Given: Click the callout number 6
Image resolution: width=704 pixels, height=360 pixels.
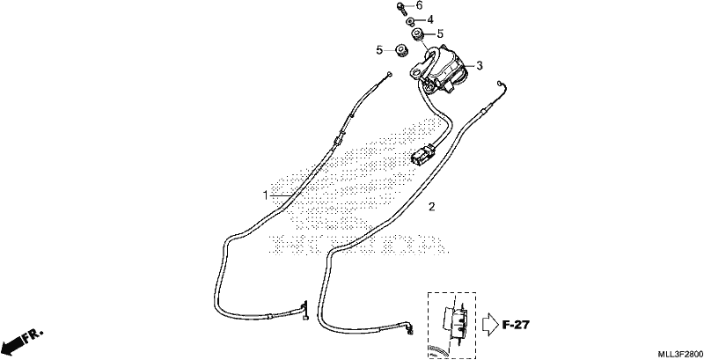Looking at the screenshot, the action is [x=420, y=5].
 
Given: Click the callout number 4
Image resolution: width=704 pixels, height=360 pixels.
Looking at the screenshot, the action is [x=430, y=19].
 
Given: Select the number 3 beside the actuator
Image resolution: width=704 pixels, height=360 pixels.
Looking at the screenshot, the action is [x=480, y=65].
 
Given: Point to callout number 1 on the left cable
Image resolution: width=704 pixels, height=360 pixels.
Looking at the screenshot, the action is [x=266, y=195].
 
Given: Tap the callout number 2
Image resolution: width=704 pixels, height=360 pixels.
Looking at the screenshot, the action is [x=431, y=207].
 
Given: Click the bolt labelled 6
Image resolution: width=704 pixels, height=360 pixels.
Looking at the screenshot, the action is [x=401, y=8].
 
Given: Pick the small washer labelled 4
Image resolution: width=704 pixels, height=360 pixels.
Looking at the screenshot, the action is [x=410, y=21].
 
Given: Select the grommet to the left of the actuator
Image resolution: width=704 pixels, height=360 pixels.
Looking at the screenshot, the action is [x=400, y=50].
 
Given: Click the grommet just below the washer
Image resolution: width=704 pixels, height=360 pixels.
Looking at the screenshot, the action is [x=417, y=33].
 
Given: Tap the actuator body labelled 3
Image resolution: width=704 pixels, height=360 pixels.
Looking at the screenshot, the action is [x=443, y=70].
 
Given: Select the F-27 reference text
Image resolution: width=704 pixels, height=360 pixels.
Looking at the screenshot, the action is [x=516, y=325].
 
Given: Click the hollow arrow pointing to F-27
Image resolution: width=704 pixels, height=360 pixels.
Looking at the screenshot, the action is [x=490, y=324].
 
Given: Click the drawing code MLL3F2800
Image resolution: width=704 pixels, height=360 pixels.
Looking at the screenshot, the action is [x=680, y=354].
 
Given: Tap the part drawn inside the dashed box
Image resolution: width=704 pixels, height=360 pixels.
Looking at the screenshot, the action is [x=455, y=320].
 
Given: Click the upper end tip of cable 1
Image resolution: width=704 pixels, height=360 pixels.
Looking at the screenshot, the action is [x=75, y=75].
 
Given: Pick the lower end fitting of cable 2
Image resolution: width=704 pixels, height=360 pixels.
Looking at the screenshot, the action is [x=409, y=327].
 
